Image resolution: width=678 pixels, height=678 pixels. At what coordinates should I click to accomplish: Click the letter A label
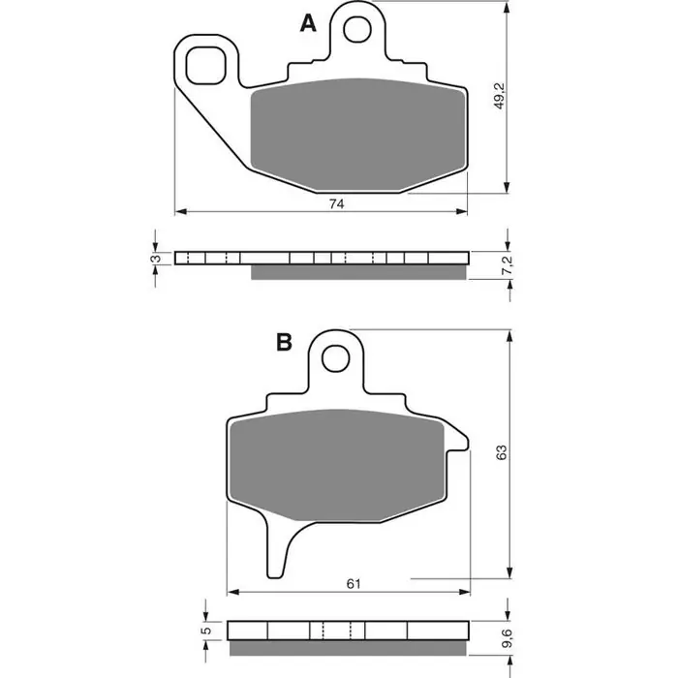[x=308, y=25]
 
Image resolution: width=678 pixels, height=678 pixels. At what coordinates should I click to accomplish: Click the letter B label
[x=284, y=342]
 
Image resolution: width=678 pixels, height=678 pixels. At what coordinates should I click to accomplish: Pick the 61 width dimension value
[x=353, y=583]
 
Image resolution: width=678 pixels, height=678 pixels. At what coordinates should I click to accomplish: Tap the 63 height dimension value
[x=499, y=453]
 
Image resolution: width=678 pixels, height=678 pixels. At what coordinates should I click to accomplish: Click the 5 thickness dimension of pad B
[x=206, y=632]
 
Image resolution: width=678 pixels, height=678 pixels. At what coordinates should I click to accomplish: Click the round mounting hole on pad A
[x=357, y=29]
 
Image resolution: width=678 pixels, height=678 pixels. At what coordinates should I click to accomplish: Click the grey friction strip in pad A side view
[x=358, y=272]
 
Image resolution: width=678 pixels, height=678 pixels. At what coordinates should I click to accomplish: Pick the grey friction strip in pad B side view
[x=349, y=646]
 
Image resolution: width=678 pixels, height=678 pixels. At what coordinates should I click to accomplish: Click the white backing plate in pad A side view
[x=321, y=258]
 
